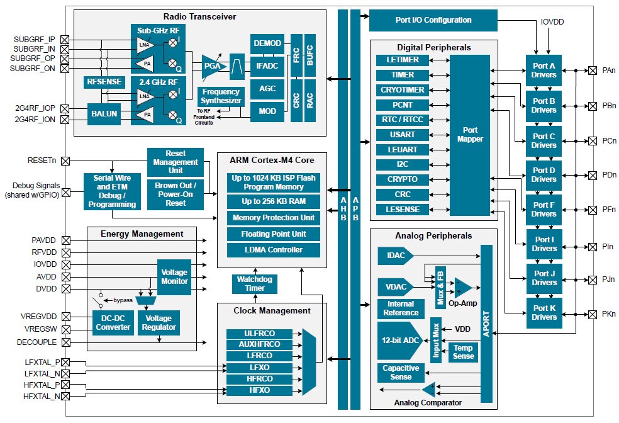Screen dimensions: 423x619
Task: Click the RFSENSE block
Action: point(105,82)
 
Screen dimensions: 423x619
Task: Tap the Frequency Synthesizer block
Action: point(221,96)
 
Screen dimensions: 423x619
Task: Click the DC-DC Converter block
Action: point(113,322)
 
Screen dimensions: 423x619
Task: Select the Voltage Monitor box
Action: point(174,277)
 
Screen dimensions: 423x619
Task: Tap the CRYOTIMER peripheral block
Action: point(402,90)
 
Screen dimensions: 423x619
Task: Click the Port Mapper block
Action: point(469,135)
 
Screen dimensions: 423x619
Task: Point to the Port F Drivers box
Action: point(544,210)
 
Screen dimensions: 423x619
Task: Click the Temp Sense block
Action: point(462,352)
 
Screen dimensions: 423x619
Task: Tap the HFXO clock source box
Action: point(259,391)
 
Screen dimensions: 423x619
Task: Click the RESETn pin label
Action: point(42,161)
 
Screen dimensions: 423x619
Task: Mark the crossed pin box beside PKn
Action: point(592,313)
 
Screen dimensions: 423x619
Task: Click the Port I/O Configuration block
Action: point(433,20)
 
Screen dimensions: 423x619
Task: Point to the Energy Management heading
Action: point(142,234)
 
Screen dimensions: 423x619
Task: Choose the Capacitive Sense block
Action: point(401,373)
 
